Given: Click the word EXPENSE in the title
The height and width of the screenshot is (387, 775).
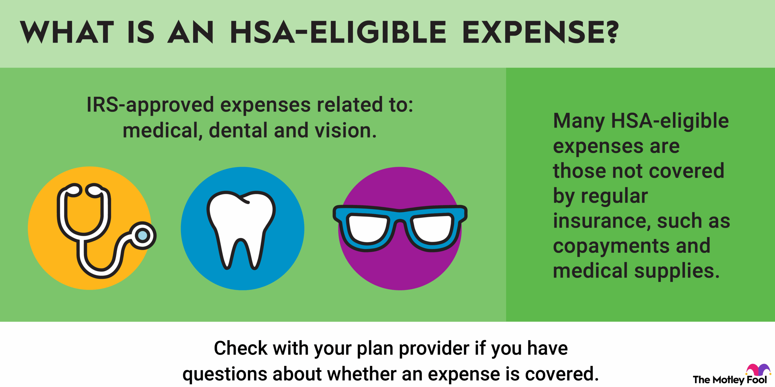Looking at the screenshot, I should [535, 32].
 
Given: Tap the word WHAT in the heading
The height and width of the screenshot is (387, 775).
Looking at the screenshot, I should [67, 32].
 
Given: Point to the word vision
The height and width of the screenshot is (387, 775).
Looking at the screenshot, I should [345, 131].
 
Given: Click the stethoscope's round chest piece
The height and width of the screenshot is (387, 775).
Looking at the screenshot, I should [143, 236].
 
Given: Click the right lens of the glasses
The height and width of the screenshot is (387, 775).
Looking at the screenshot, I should [432, 228].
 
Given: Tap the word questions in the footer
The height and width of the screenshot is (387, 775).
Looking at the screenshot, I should [224, 374].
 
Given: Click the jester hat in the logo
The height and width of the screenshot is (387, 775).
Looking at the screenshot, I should [758, 369].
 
